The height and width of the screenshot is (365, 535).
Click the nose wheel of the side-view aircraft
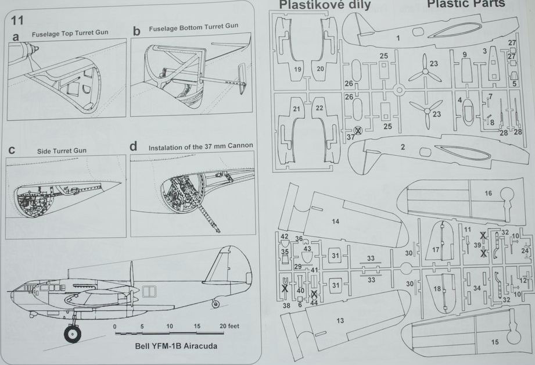(73, 332)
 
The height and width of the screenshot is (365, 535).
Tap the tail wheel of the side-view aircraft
(216, 303)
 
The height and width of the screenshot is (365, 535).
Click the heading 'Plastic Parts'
(466, 4)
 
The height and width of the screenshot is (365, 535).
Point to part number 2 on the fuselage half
(402, 146)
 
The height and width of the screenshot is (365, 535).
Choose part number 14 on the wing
(335, 221)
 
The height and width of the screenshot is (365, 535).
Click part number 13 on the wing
(340, 320)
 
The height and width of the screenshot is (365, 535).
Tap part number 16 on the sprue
(488, 194)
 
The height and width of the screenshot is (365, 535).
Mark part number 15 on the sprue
(494, 342)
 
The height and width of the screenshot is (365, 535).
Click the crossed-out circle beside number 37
(358, 130)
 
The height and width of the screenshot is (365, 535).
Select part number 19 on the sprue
(297, 69)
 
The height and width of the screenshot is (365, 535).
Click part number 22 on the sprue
(319, 108)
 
